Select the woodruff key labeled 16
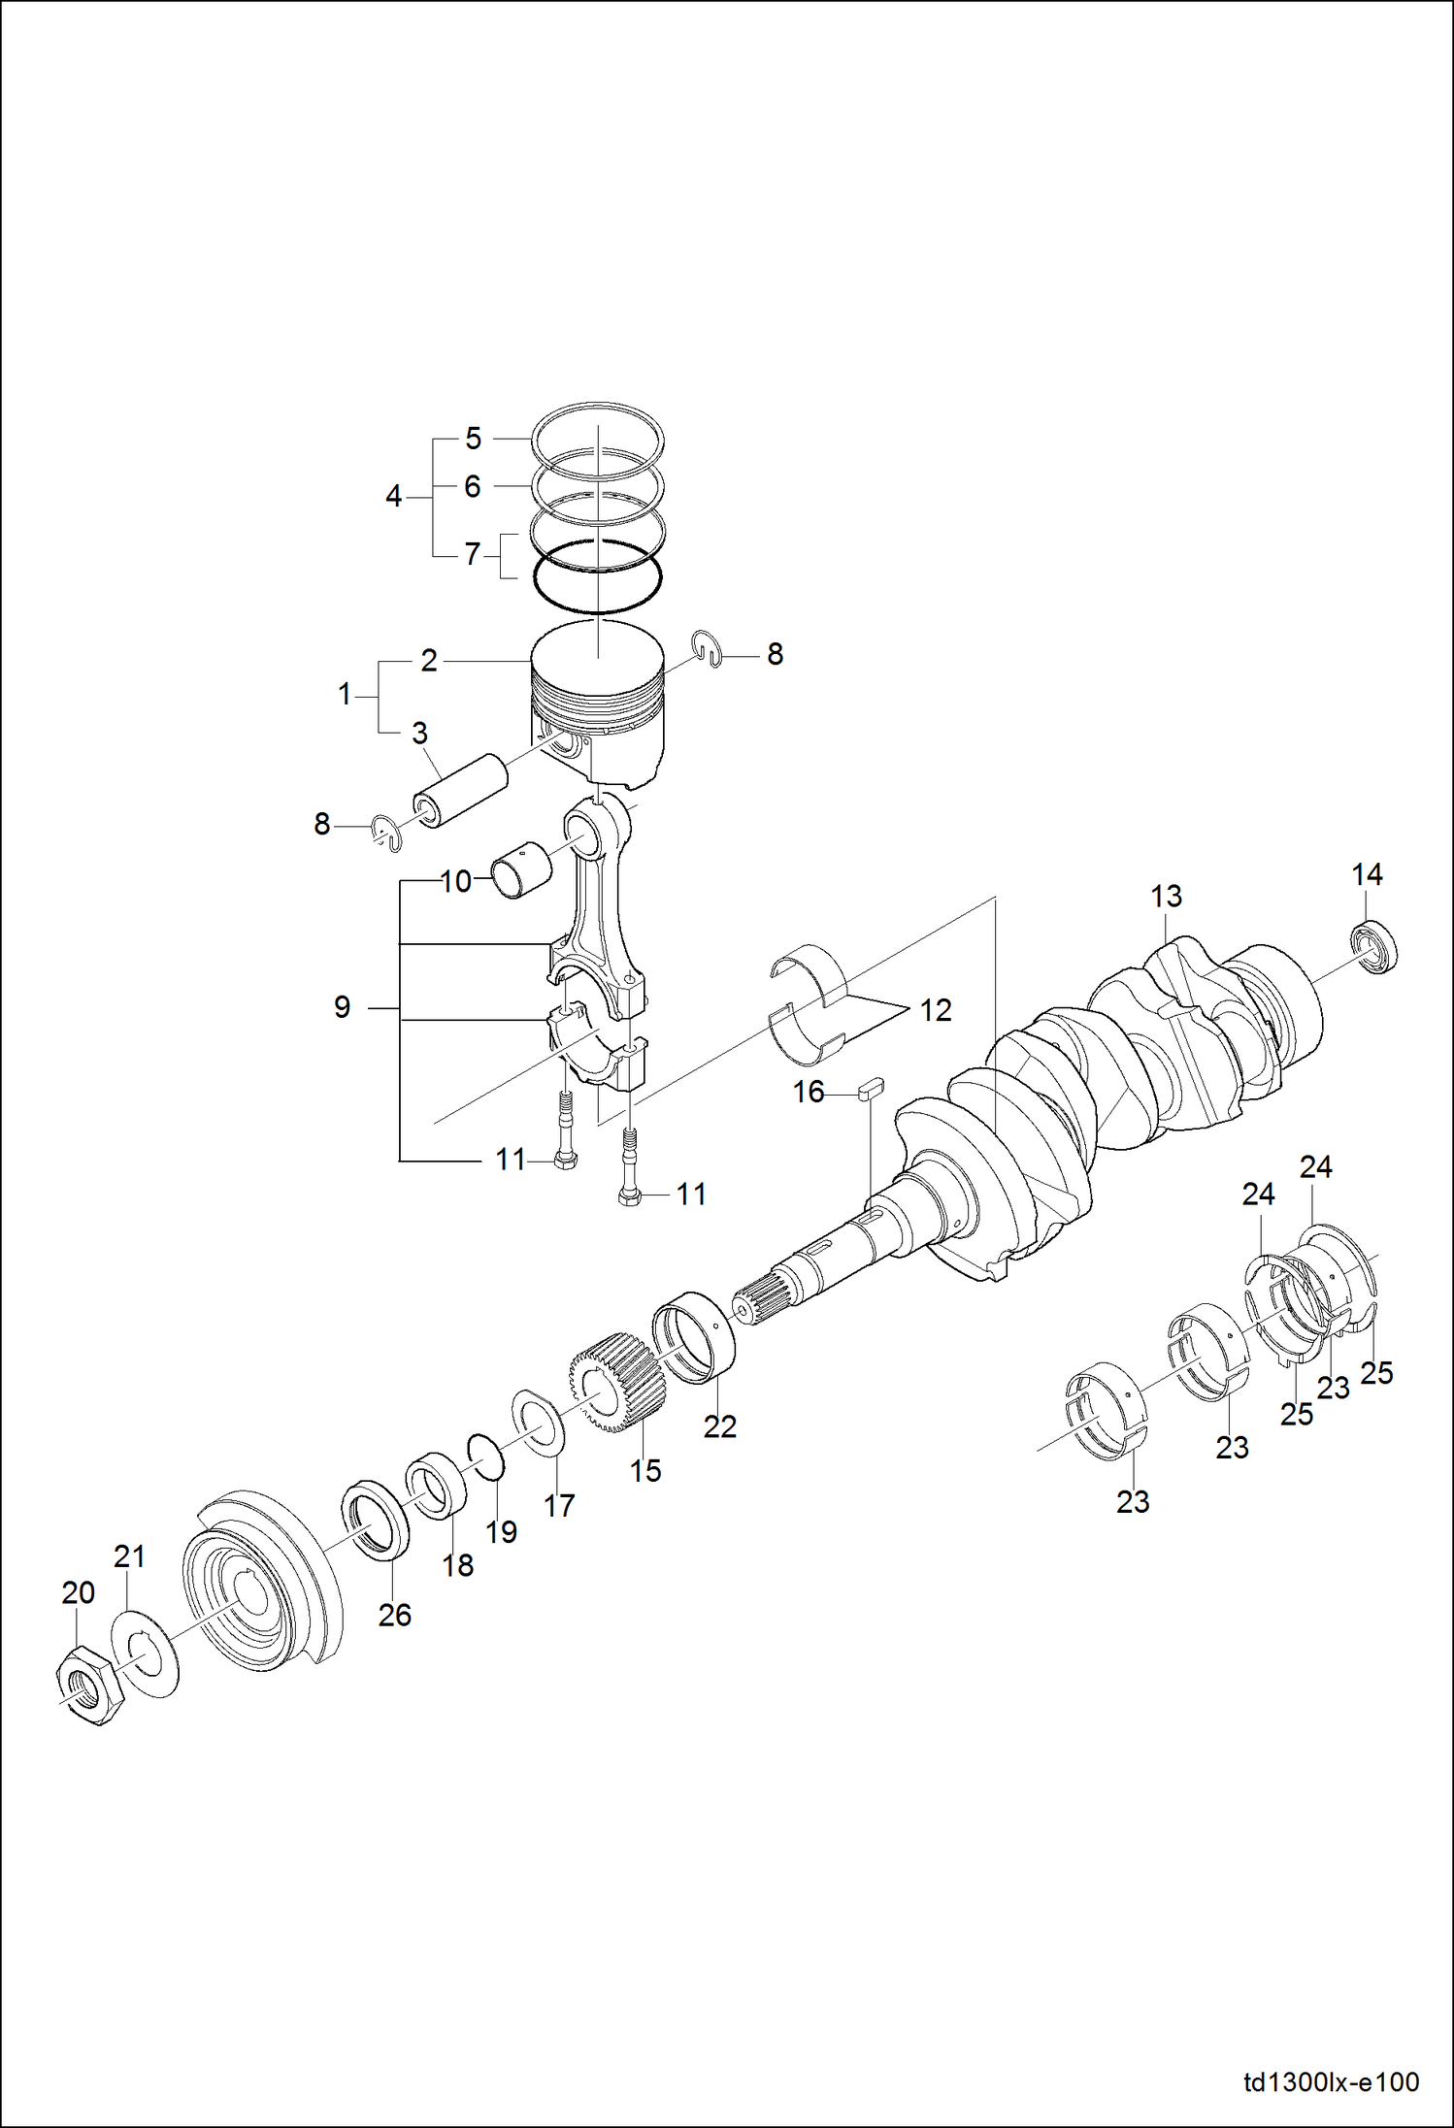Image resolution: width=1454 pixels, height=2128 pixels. coord(871,1088)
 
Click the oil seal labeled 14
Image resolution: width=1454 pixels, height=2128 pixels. coord(1374,947)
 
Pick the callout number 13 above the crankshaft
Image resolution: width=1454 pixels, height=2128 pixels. coord(1166,896)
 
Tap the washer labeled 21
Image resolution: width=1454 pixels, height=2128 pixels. coord(146,1653)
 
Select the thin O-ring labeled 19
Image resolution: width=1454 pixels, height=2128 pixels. coord(486,1457)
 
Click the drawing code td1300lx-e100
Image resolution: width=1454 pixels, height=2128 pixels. coord(1331,2082)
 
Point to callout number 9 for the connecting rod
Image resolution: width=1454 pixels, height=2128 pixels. coord(342,1007)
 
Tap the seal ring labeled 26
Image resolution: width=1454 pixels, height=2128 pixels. coord(375,1521)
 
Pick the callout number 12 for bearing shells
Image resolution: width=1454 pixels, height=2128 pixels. coord(935,1010)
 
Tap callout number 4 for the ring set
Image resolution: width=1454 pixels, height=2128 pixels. coord(393,497)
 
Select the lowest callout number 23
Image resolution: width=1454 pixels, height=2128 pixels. coord(1132,1501)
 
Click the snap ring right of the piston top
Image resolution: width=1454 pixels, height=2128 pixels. coord(710,648)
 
